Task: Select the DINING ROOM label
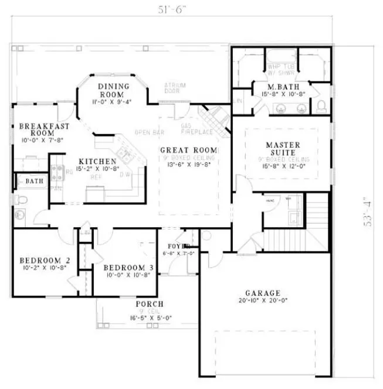111,90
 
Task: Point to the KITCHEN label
98,161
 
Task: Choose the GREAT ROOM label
188,150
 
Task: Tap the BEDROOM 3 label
127,268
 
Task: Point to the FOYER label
179,246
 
